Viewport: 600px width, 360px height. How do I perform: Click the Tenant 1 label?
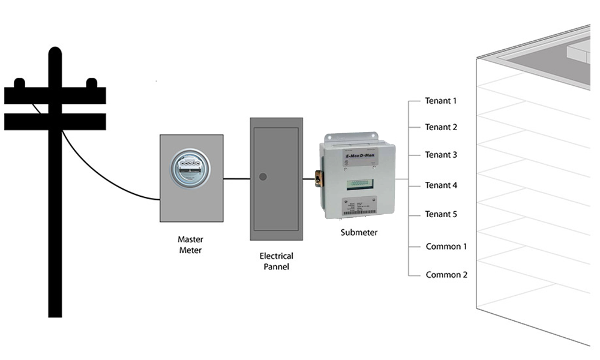pyautogui.click(x=441, y=101)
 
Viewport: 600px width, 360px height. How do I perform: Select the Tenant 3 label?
pyautogui.click(x=441, y=155)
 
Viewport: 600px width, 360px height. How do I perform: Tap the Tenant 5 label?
pyautogui.click(x=441, y=214)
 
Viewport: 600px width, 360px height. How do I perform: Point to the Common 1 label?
pyautogui.click(x=446, y=247)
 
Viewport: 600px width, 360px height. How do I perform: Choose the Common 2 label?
pyautogui.click(x=446, y=275)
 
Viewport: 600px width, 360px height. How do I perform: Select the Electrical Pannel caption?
pyautogui.click(x=276, y=261)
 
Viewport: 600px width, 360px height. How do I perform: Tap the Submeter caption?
pyautogui.click(x=359, y=233)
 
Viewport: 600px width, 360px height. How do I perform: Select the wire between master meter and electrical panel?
pyautogui.click(x=236, y=178)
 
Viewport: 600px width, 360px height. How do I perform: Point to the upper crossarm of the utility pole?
pyautogui.click(x=55, y=95)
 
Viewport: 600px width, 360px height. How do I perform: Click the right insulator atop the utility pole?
pyautogui.click(x=92, y=82)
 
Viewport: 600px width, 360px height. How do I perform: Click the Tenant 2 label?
pyautogui.click(x=441, y=127)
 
